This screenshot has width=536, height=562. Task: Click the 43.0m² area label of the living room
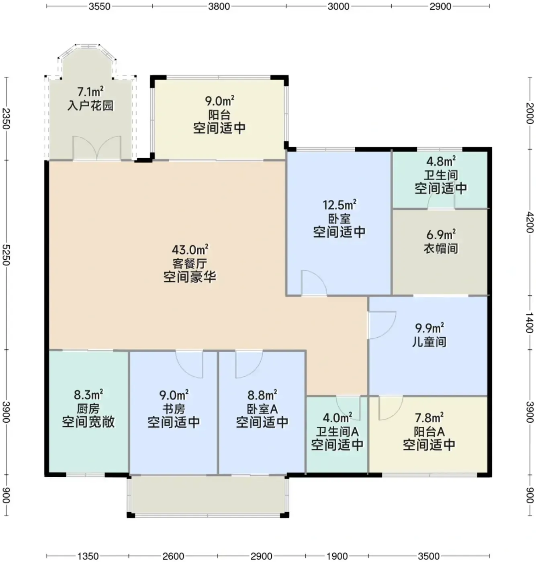[x=190, y=250]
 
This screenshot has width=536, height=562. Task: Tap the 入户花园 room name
[x=90, y=106]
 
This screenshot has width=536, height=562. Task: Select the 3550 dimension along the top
[x=99, y=6]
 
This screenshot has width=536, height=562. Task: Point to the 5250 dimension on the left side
[x=6, y=255]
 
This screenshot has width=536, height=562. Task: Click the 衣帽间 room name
[x=441, y=248]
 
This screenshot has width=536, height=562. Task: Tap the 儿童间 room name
[x=429, y=342]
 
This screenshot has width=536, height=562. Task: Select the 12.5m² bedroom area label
[x=340, y=205]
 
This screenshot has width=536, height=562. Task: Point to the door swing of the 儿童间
[x=382, y=325]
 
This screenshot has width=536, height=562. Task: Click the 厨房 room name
[x=88, y=409]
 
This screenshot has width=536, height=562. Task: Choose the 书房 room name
[x=174, y=409]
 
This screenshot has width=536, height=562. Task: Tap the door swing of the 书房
[x=189, y=365]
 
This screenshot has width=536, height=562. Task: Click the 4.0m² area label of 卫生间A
[x=337, y=418]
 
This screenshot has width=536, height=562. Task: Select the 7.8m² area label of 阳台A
[x=429, y=418]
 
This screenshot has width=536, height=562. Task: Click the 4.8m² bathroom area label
[x=441, y=161]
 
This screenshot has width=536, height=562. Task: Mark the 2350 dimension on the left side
[x=6, y=118]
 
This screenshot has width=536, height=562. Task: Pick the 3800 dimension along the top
[x=219, y=6]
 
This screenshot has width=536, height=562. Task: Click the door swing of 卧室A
[x=249, y=365]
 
